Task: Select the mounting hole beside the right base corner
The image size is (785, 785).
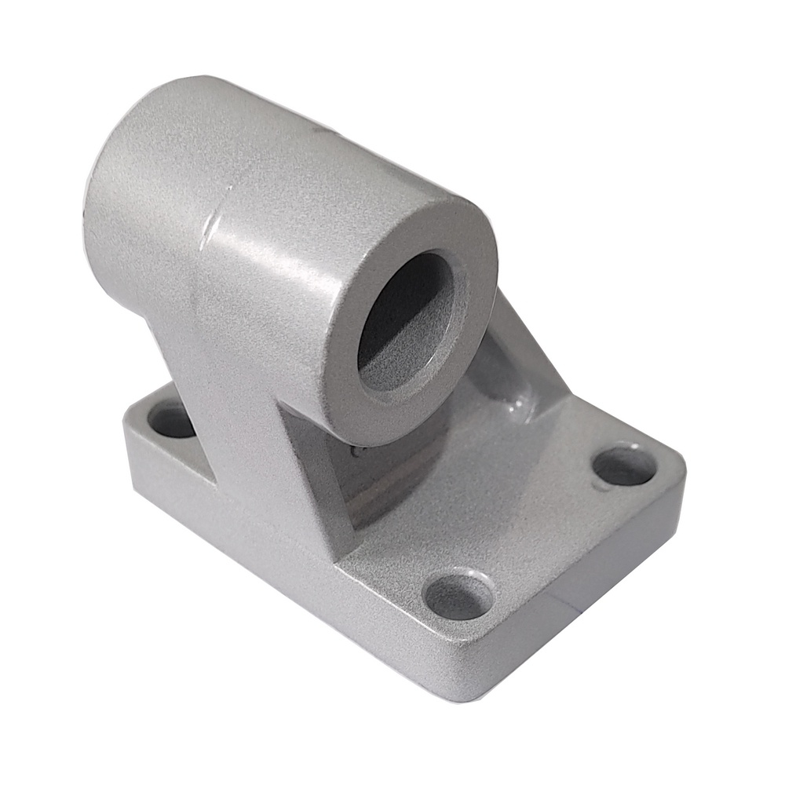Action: (624, 466)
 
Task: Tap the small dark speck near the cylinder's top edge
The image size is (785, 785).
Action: (314, 126)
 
